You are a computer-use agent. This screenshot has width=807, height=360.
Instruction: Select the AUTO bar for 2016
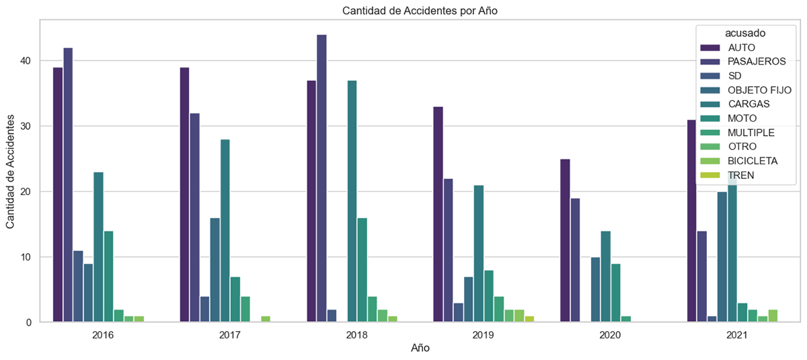coord(58,194)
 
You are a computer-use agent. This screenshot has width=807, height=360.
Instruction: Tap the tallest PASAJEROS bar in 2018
coord(321,178)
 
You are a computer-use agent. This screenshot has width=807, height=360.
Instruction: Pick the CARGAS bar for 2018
coord(352,201)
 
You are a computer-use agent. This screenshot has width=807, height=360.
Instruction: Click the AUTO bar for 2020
coord(565,240)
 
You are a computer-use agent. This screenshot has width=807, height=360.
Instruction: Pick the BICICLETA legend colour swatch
coord(710,161)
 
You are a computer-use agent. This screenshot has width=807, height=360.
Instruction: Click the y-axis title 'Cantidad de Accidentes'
coord(11,172)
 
